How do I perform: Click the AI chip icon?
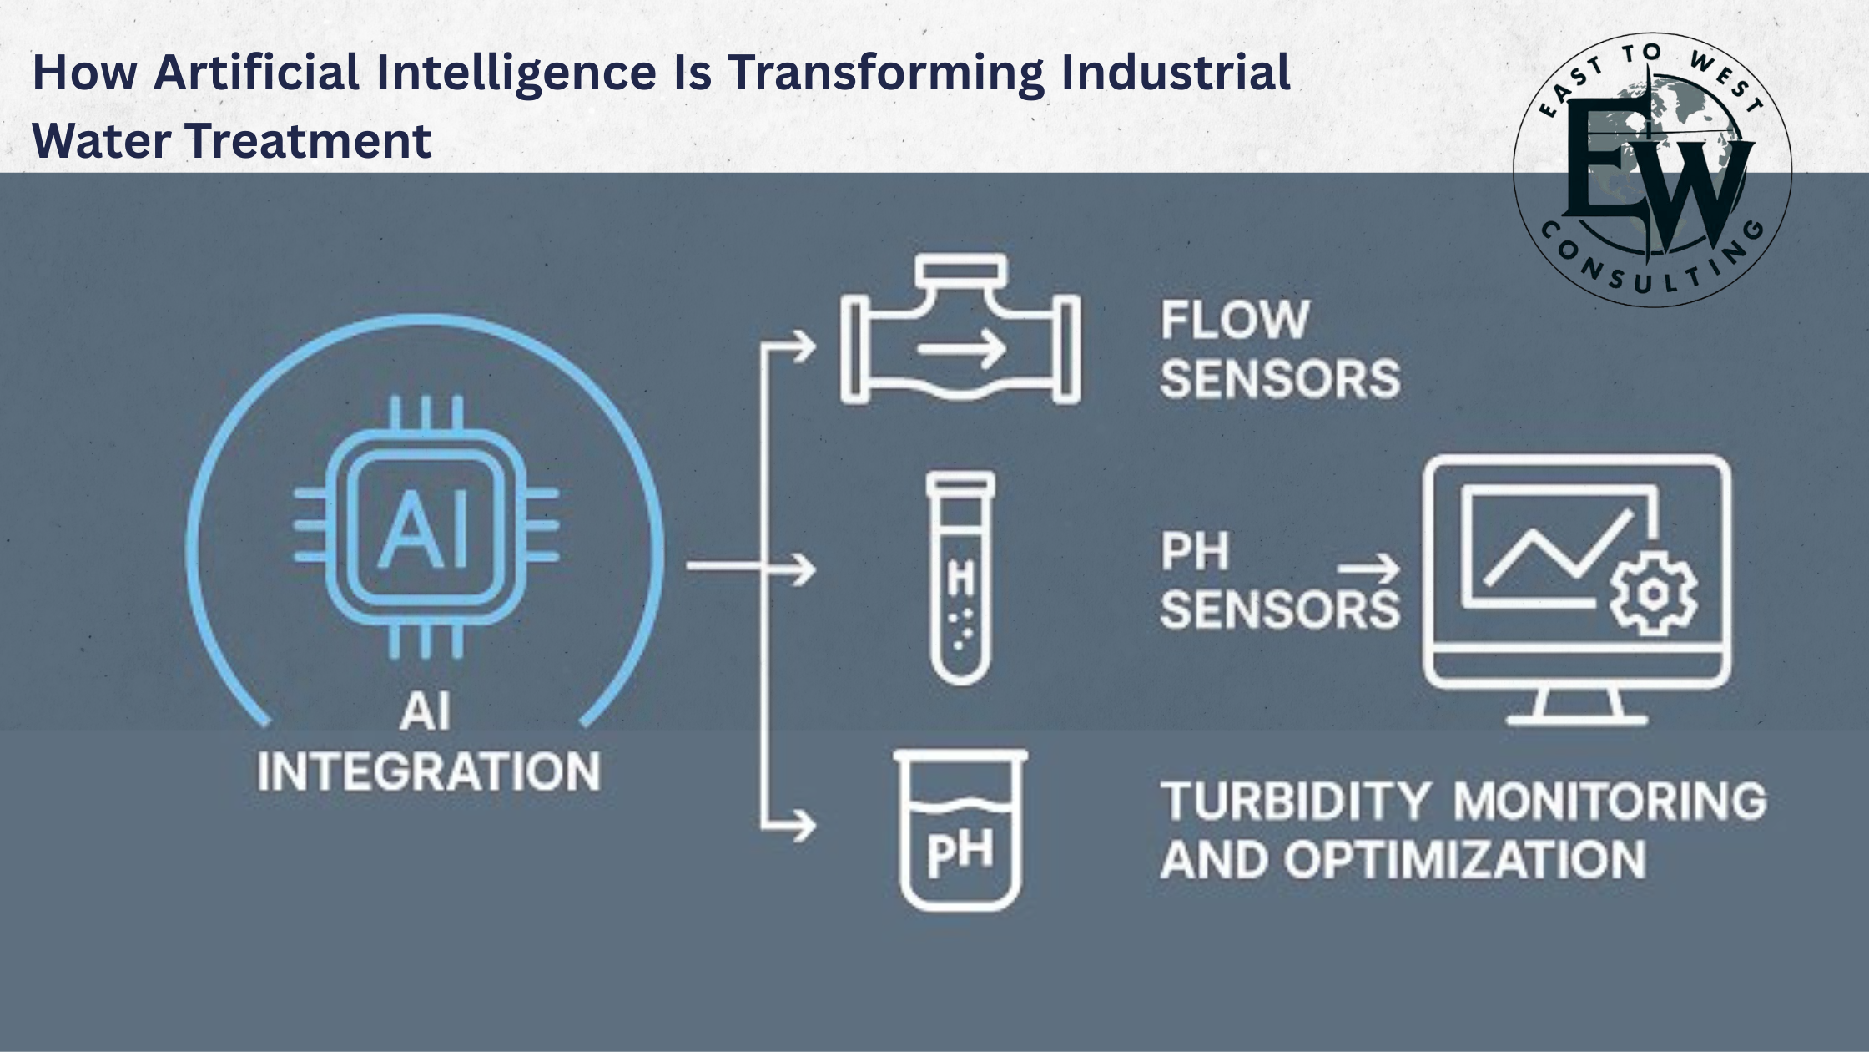click(x=426, y=526)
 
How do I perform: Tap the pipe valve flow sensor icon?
click(x=960, y=331)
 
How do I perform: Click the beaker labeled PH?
click(x=960, y=829)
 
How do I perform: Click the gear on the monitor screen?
click(x=1652, y=594)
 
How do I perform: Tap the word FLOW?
click(x=1235, y=320)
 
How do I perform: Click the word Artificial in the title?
click(x=257, y=72)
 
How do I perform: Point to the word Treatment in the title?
click(x=309, y=139)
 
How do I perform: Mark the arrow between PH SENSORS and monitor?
click(x=1369, y=570)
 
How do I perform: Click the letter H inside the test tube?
click(x=961, y=578)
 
